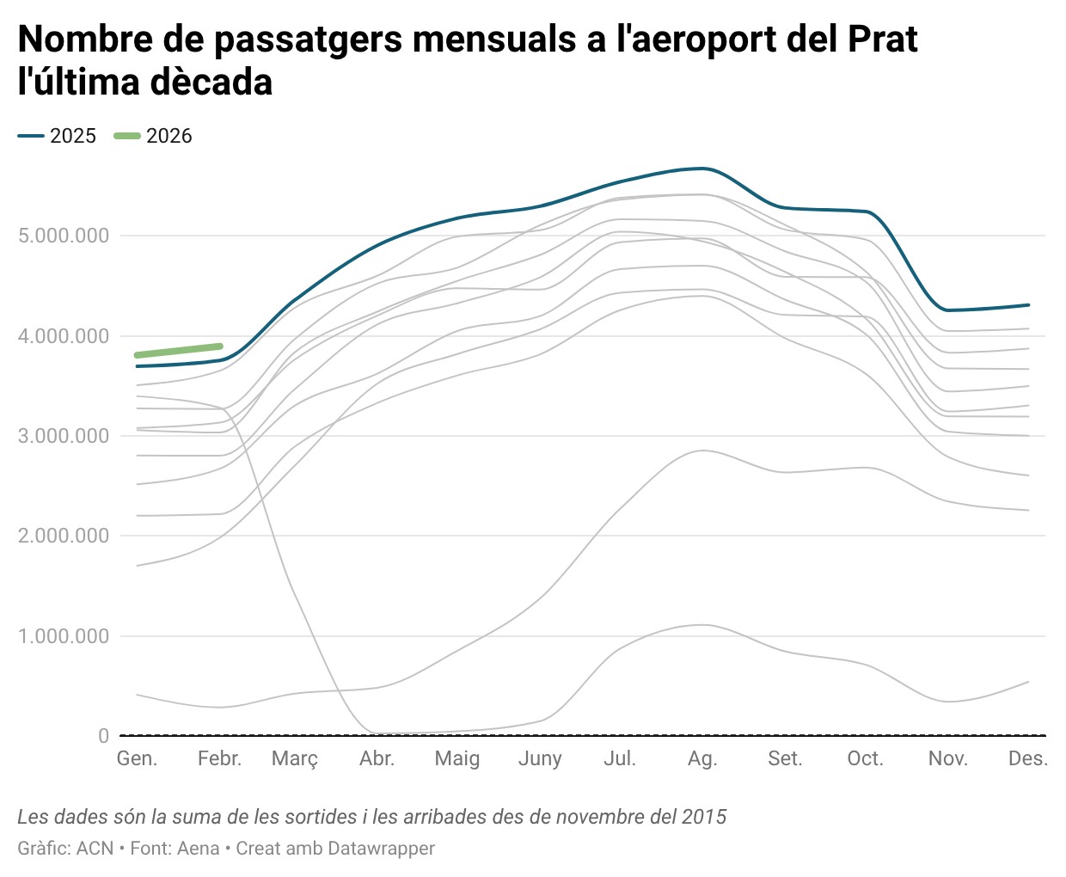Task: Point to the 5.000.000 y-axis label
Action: coord(64,236)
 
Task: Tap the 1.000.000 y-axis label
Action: coord(64,636)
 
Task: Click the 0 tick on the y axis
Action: coord(103,736)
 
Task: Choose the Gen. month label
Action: coord(137,758)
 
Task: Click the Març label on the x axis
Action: coord(295,758)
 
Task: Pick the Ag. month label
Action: coord(702,758)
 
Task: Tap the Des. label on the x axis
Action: coord(1028,758)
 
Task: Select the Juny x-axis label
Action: coord(540,758)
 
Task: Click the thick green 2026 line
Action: coord(179,350)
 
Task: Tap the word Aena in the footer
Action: coord(198,849)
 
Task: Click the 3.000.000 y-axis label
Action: coord(64,436)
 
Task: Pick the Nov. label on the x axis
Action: coord(947,758)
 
